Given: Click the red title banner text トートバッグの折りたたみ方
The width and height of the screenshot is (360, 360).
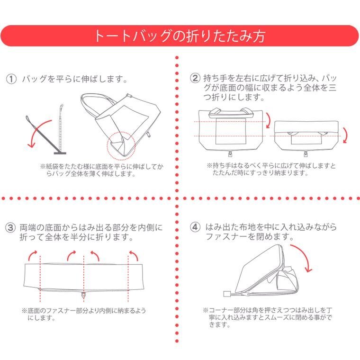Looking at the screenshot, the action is pos(180,36).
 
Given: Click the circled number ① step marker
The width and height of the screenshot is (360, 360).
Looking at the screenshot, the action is pos(11,79).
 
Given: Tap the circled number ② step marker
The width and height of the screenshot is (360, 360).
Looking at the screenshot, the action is pos(195,78).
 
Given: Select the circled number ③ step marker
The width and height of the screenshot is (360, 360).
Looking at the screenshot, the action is pos(10,228).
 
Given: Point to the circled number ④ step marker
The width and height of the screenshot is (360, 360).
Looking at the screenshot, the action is pos(195,227).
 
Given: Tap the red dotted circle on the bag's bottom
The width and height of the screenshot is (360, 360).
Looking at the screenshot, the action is pos(121,146).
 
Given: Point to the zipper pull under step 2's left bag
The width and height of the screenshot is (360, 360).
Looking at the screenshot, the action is pos(230,153).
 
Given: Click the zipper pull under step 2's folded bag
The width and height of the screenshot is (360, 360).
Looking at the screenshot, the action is pos(306,153).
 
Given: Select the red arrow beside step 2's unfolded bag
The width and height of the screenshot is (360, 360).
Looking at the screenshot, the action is pos(269,120).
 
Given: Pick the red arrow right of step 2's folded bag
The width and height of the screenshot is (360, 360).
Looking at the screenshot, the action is pos(345,135).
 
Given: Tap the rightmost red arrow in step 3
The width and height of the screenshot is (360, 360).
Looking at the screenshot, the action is pos(134,255).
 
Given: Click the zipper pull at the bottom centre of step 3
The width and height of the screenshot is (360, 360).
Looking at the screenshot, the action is pos(83,295).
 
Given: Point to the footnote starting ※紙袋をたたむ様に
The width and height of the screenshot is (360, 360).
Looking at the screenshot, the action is pos(102,170).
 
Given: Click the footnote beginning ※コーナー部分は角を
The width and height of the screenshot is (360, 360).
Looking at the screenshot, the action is pos(268,317).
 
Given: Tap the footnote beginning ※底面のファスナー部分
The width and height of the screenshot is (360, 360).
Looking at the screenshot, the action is pos(84,315).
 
